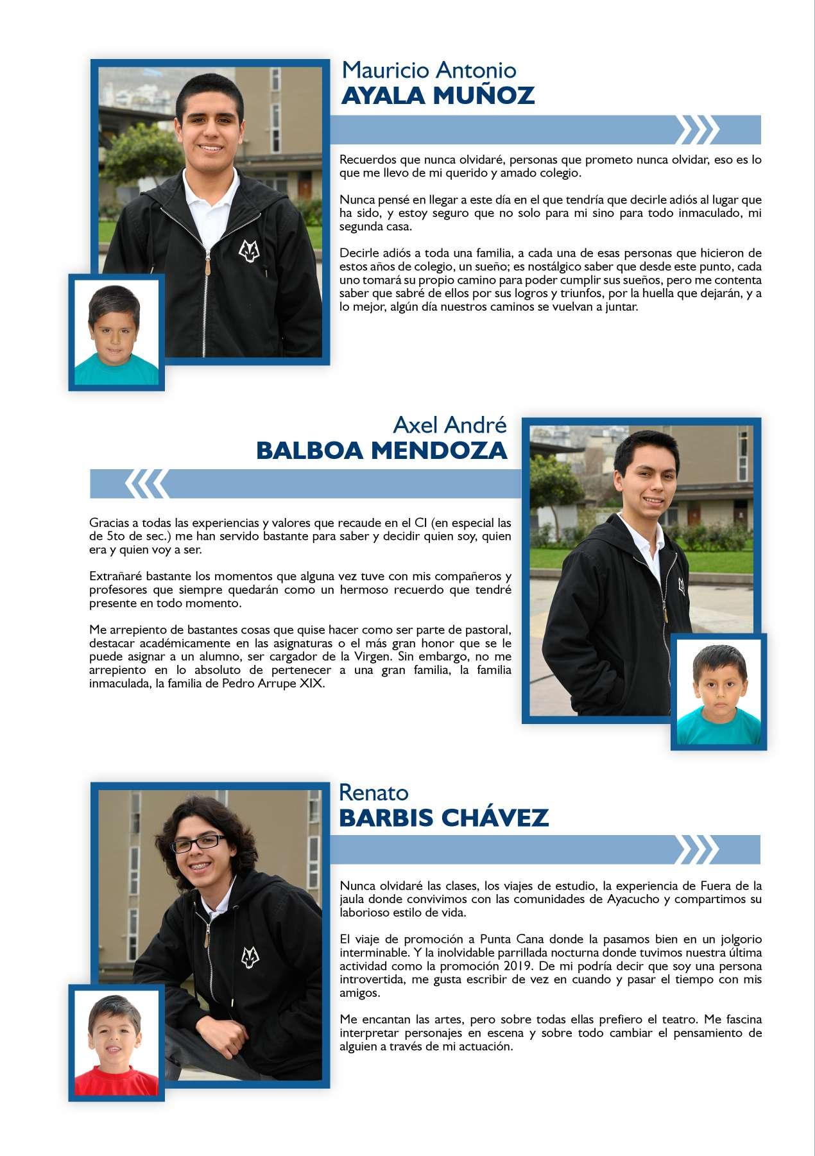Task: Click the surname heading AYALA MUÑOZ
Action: coord(438,96)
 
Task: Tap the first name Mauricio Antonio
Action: coord(429,69)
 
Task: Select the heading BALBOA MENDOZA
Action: coord(381,451)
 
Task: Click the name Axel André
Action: coord(449,424)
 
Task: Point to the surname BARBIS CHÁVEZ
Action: coord(443,818)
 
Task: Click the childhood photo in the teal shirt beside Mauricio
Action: coord(116,332)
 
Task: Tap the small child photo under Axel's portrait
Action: coord(719,691)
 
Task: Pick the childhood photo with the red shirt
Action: coord(116,1043)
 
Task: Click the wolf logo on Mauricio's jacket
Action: coord(247,249)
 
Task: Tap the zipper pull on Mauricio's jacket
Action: coord(207,263)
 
